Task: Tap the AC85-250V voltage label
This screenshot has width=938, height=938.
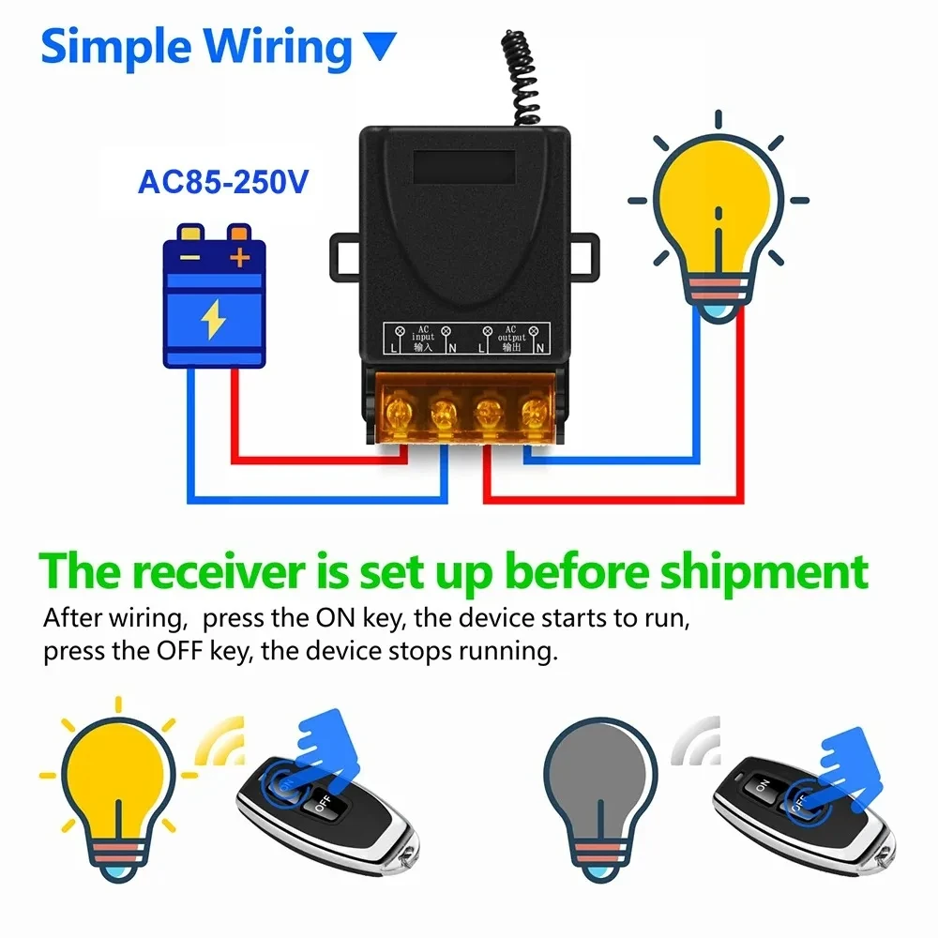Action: point(222,181)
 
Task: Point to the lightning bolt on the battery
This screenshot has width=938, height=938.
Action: point(214,321)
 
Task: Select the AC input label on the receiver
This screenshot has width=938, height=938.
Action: point(422,339)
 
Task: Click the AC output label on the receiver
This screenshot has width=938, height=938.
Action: point(510,339)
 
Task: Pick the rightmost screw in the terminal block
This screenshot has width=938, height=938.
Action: point(534,410)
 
